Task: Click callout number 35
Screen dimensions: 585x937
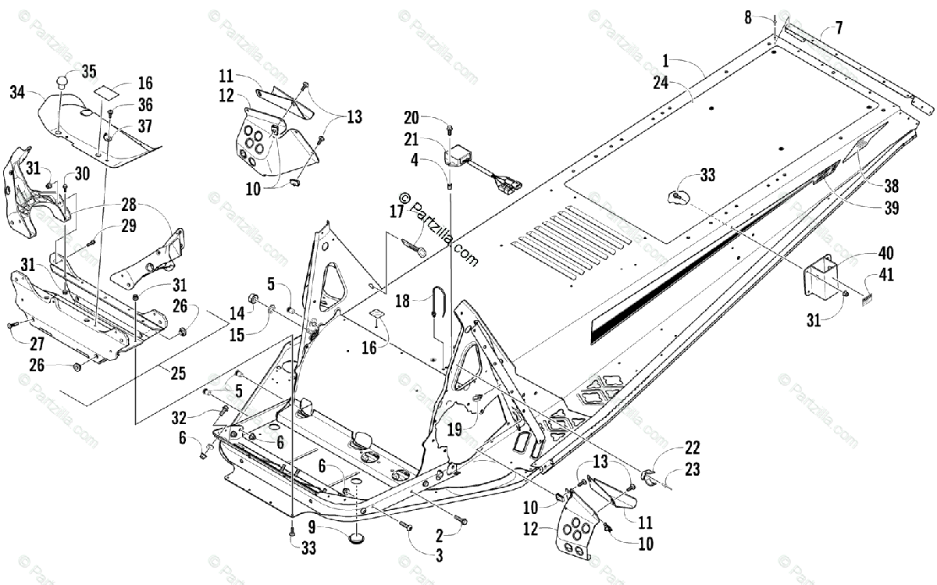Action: coord(88,73)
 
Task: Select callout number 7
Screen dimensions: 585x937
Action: coord(839,29)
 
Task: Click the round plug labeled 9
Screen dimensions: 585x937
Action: coord(358,538)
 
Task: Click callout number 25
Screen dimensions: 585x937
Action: coord(179,373)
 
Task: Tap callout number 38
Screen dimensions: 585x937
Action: coord(892,186)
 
